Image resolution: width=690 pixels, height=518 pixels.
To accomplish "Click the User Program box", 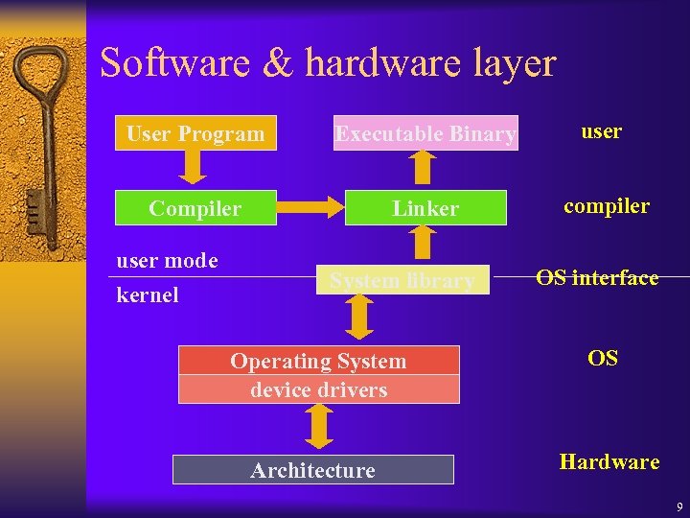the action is click(195, 133).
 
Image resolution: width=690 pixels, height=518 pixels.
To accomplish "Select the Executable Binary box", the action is click(425, 134).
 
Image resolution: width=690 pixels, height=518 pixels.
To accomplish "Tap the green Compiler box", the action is click(195, 208).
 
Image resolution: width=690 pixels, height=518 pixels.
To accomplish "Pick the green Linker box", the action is click(425, 208).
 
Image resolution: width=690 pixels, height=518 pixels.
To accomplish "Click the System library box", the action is click(402, 280).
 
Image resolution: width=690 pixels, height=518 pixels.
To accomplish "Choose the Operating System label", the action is click(318, 361).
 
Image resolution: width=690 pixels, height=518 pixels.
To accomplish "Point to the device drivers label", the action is click(318, 389).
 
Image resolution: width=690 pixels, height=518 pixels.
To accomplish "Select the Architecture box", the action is click(312, 470).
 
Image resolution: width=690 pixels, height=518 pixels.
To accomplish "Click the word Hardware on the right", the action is click(609, 461).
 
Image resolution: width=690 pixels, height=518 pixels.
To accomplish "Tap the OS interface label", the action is click(597, 278).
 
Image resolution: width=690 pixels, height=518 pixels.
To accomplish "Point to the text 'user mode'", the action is click(167, 260).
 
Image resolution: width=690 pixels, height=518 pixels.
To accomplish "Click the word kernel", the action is click(148, 294).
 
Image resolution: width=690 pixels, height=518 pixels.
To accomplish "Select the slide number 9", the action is click(678, 506).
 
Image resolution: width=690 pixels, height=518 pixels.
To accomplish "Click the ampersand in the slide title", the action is click(278, 64).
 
